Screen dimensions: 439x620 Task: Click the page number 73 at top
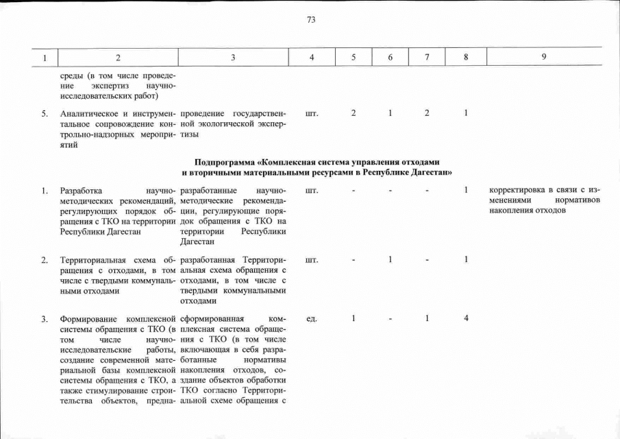coord(310,20)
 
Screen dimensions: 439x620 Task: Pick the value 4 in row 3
coord(464,319)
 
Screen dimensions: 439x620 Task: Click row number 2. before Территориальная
coord(45,260)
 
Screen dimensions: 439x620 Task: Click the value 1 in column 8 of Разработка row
coord(464,190)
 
